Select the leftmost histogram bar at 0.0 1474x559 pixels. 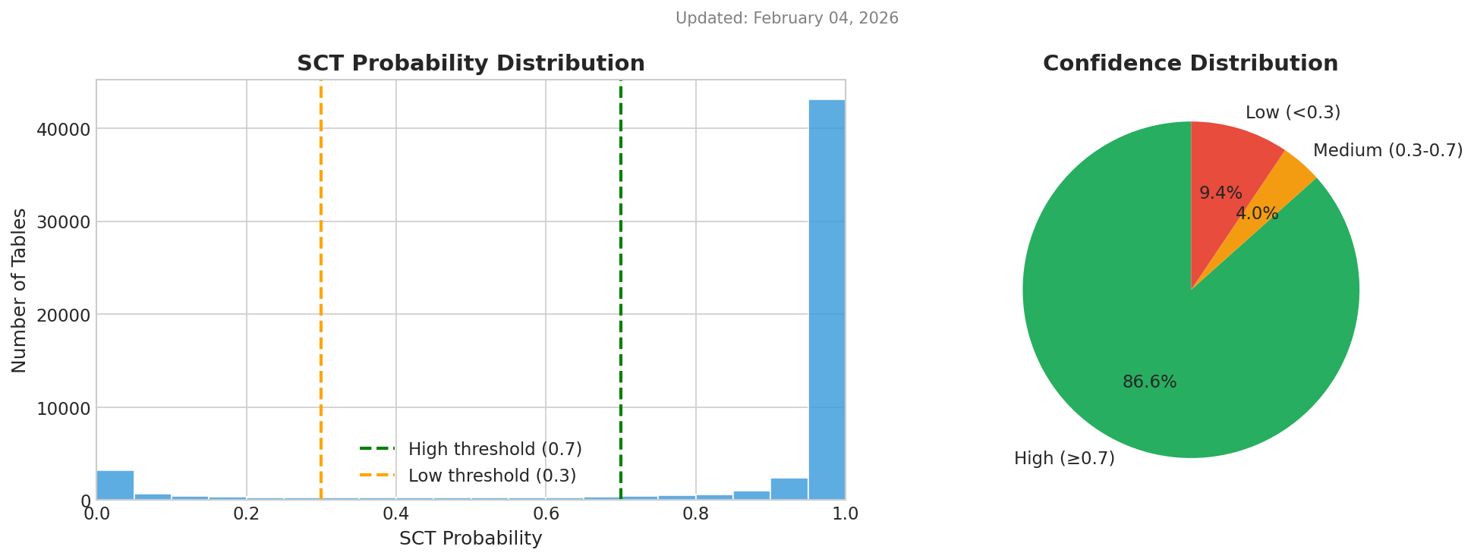tap(115, 485)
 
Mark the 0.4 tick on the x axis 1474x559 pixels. tap(395, 513)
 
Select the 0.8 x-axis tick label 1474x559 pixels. tap(695, 513)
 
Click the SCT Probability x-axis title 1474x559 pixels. tap(471, 539)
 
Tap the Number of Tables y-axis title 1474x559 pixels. tap(20, 290)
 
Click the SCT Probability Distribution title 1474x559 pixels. tap(471, 64)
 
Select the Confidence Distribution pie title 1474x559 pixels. tap(1190, 64)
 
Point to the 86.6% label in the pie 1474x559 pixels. tap(1149, 382)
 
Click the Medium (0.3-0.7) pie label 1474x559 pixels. tap(1387, 150)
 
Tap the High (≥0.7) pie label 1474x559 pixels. tap(1064, 458)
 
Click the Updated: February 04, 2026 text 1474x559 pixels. tap(786, 18)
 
